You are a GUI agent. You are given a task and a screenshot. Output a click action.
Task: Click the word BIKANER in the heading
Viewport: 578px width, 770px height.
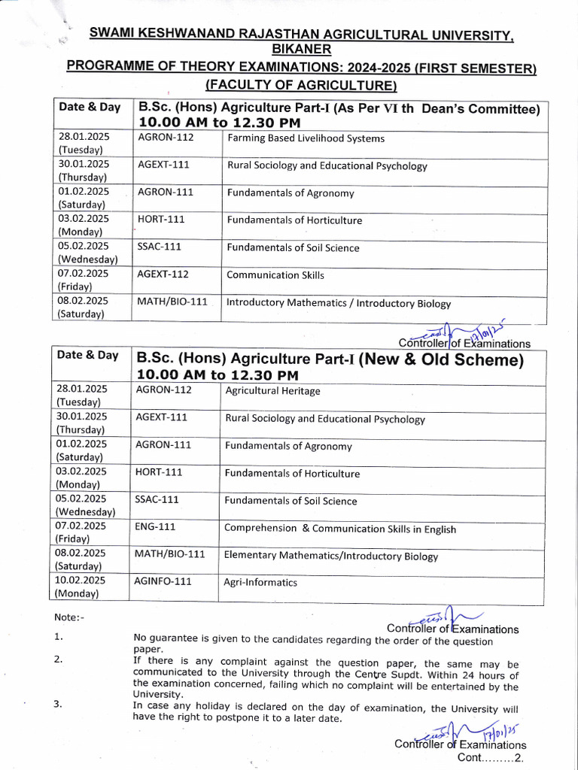point(300,49)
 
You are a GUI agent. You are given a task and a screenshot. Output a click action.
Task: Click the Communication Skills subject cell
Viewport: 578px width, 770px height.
point(275,275)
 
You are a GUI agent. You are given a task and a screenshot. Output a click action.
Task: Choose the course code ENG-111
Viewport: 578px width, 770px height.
point(155,526)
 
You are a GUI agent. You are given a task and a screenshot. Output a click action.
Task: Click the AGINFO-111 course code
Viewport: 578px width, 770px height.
point(163,581)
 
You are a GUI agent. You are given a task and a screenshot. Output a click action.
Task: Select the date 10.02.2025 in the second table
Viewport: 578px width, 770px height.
point(81,581)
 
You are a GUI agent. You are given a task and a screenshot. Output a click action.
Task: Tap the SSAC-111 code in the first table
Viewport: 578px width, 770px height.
point(159,247)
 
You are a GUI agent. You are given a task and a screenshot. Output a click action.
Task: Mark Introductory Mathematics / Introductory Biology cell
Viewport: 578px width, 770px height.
point(339,304)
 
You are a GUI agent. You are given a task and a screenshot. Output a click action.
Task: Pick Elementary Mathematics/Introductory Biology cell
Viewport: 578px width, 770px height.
point(331,556)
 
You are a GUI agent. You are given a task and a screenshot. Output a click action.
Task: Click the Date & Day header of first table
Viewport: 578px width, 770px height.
point(90,107)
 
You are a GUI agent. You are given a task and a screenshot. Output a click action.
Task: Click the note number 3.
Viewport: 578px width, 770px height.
point(58,705)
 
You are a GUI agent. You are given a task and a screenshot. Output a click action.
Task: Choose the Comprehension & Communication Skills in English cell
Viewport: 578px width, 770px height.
point(340,529)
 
